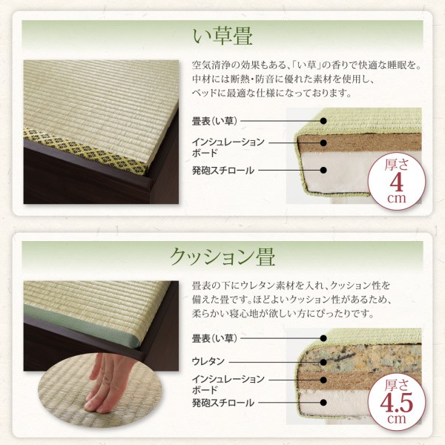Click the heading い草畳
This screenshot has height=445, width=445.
coord(222,34)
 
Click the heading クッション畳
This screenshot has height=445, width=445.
coord(222,257)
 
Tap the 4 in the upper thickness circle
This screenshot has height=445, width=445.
coord(396,181)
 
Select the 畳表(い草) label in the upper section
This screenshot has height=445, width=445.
coord(214,119)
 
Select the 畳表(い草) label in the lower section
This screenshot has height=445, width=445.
coord(214,339)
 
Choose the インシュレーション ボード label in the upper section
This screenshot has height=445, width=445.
coord(226,146)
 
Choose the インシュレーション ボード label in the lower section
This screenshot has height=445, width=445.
coord(226,383)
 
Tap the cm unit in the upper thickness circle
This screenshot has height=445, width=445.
coord(396,200)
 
